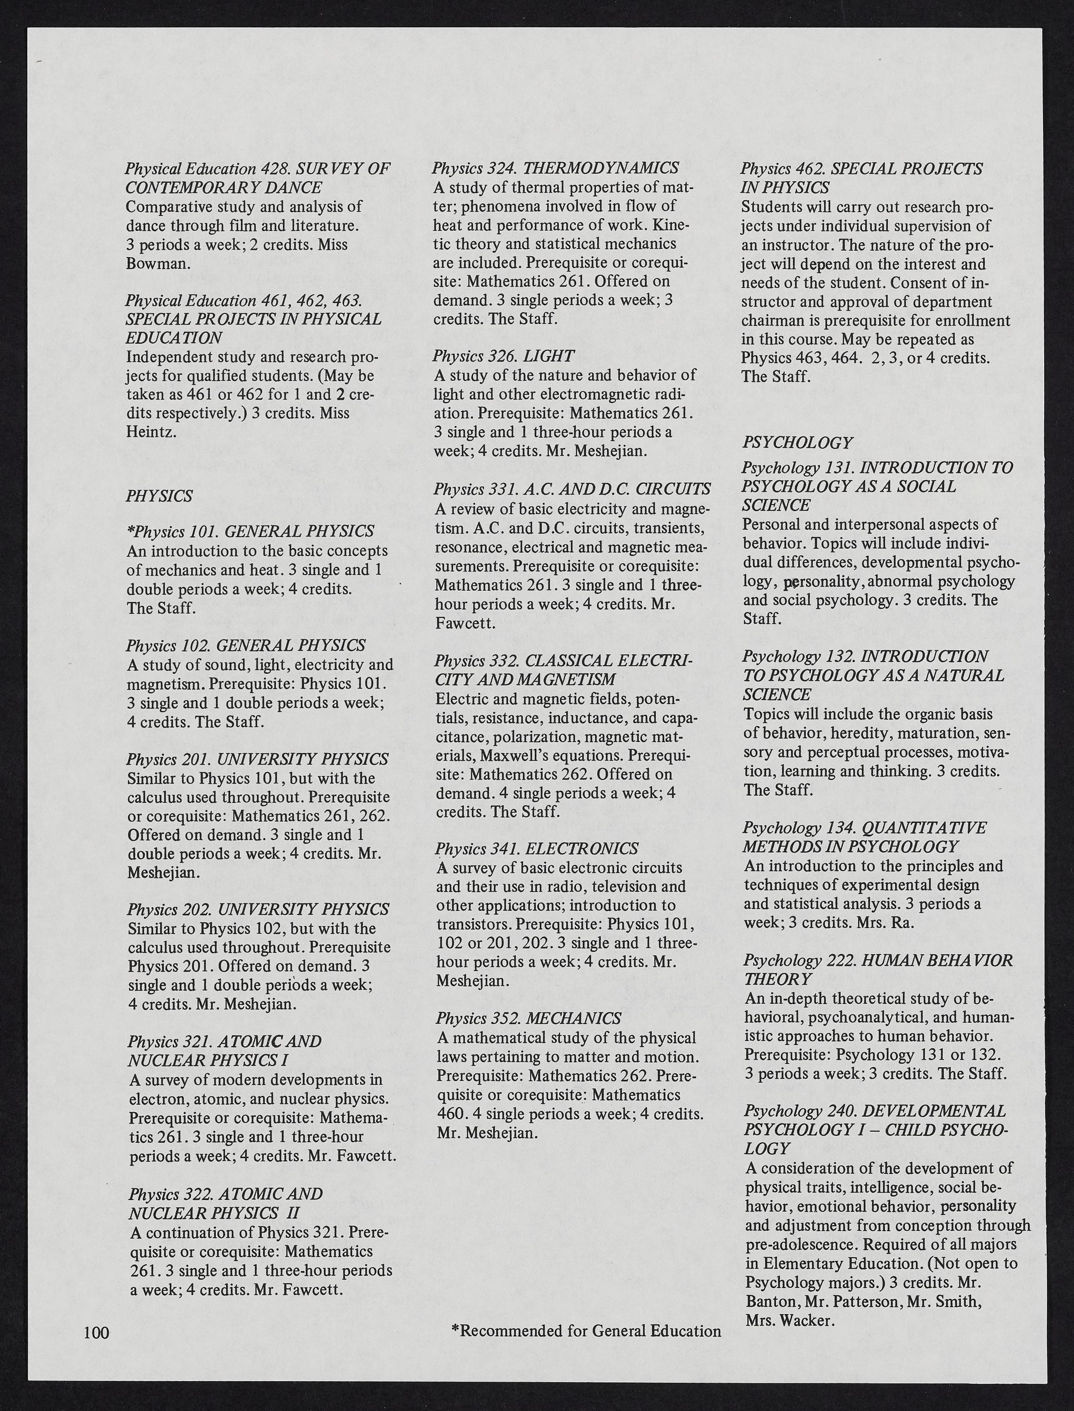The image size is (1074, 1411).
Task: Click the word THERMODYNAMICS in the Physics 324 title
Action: click(601, 168)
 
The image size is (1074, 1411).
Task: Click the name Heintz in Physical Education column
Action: click(149, 432)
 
